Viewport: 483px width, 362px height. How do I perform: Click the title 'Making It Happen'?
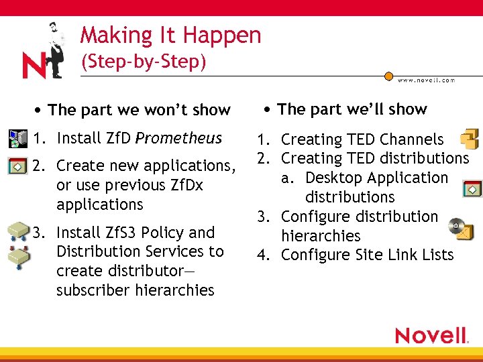point(170,35)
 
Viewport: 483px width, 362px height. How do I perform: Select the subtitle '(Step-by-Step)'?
point(143,62)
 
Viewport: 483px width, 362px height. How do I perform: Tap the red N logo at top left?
point(34,66)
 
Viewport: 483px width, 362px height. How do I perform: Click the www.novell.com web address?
point(426,80)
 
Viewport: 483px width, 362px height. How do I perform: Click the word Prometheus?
point(178,139)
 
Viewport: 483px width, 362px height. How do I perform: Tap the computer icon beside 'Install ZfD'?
point(16,139)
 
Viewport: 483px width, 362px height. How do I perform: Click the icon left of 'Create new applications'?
point(16,166)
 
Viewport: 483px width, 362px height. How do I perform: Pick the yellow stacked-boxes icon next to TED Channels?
point(469,139)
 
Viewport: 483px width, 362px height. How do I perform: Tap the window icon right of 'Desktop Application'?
point(472,188)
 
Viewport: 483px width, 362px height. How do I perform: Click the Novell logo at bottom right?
point(431,335)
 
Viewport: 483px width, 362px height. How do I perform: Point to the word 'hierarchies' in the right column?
point(321,236)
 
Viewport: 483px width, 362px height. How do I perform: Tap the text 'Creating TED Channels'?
point(362,139)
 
